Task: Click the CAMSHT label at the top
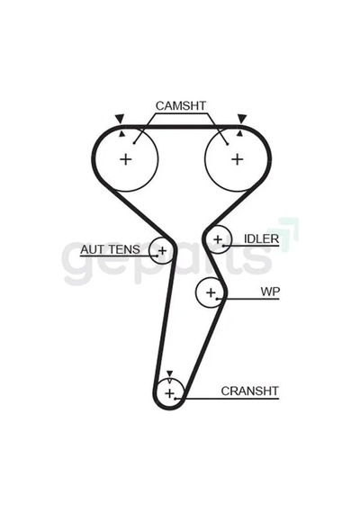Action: pos(181,105)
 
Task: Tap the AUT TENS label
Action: pos(110,249)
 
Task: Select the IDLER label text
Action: pos(261,239)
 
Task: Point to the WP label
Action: pos(270,292)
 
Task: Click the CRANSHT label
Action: pos(249,391)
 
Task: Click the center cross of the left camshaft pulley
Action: pos(126,159)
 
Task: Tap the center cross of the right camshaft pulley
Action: pos(238,159)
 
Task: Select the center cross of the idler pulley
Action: pos(218,239)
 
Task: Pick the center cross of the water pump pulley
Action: pos(211,292)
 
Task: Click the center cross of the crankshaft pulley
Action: pos(169,393)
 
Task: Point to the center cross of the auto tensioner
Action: pos(162,251)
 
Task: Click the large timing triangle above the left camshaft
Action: pos(120,118)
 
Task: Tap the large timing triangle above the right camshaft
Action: pos(242,118)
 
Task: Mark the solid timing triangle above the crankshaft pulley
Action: pos(169,373)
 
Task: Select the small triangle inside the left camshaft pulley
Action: pos(121,133)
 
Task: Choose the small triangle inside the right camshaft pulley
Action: pos(240,133)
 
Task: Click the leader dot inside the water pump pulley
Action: pos(217,299)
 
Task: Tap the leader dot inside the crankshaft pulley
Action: pos(175,399)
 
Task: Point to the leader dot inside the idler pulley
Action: pos(223,246)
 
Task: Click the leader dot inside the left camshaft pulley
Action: pos(134,143)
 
